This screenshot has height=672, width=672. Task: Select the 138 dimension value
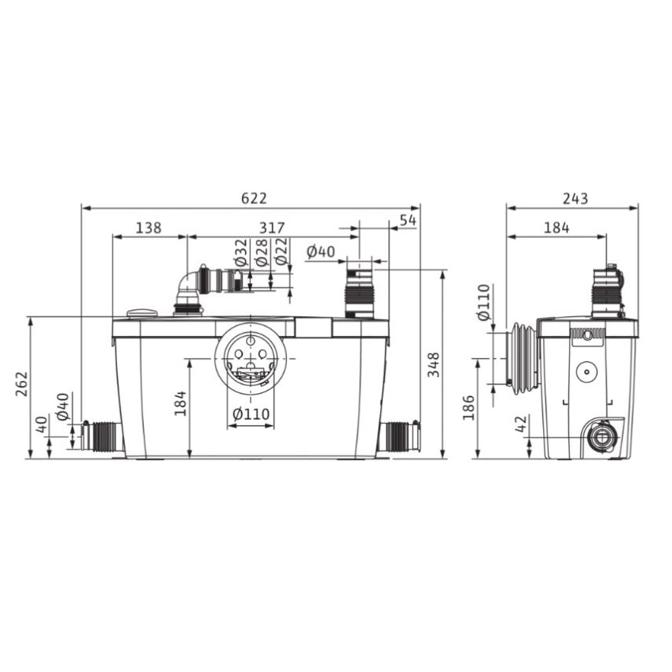coord(149,228)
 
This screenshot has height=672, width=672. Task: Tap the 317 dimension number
coord(272,228)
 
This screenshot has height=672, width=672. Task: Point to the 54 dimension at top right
coord(408,220)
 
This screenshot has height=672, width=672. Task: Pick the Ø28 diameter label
coord(260,252)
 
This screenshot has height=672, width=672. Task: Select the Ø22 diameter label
coord(281,252)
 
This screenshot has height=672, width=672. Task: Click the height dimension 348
coord(434,364)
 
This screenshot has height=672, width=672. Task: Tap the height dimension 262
coord(21,387)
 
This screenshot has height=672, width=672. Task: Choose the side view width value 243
coord(576,198)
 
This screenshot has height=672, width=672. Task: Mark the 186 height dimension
coord(469,407)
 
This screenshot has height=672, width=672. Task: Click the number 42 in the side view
coord(521,425)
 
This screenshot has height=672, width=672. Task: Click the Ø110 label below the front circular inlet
coord(251,414)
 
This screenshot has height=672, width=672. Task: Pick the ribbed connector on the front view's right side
coord(401,435)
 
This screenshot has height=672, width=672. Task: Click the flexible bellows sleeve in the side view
coord(523,357)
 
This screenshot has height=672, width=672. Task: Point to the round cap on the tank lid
coord(143,313)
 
